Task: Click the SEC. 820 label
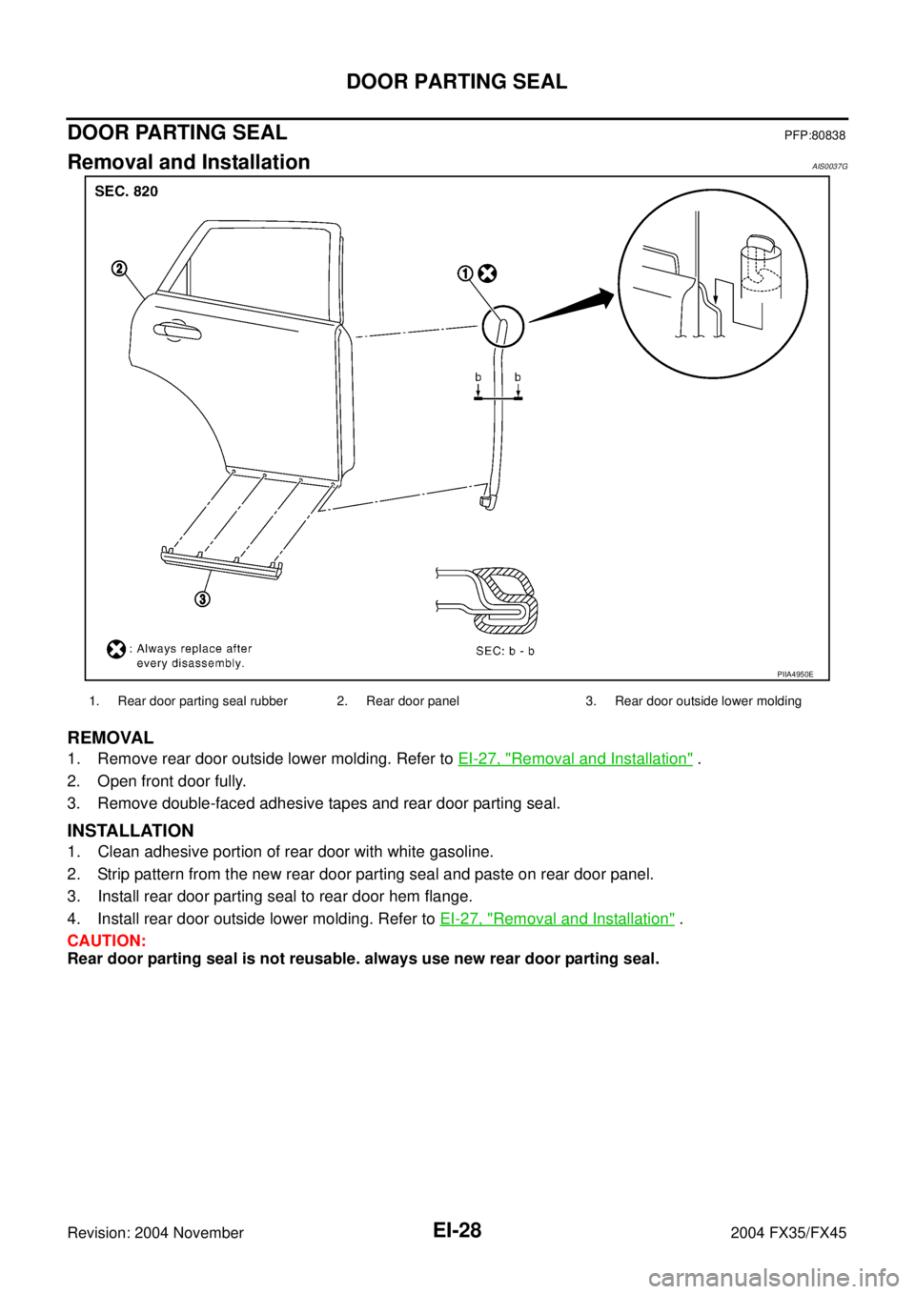point(127,192)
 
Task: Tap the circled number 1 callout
point(464,273)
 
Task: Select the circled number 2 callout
point(118,269)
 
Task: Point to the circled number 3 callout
point(203,598)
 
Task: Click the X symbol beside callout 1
point(487,273)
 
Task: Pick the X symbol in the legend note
point(115,649)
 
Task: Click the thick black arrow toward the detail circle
point(572,307)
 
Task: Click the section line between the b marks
point(498,399)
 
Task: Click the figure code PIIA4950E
point(794,674)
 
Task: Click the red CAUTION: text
point(106,941)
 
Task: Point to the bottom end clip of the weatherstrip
point(487,498)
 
